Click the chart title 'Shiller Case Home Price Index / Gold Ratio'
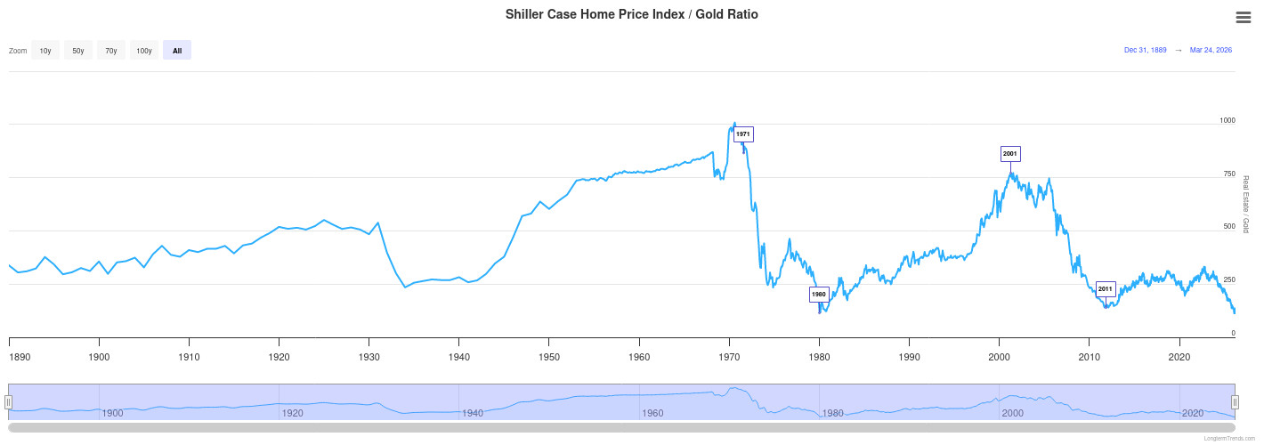click(x=631, y=14)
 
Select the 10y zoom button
click(x=45, y=51)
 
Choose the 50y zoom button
click(x=78, y=51)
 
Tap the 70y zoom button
click(x=111, y=51)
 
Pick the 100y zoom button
click(x=144, y=51)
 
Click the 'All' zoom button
click(x=177, y=51)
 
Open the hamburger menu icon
click(x=1244, y=18)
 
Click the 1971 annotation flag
click(x=744, y=133)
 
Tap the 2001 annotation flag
click(x=1009, y=154)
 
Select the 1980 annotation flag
click(x=819, y=294)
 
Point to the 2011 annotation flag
click(x=1106, y=289)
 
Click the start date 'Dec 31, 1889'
click(x=1146, y=51)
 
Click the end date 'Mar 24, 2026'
click(x=1211, y=51)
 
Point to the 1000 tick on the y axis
click(x=1228, y=120)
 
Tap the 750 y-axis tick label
click(x=1229, y=174)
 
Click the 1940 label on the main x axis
click(x=459, y=357)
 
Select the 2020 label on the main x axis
click(x=1180, y=357)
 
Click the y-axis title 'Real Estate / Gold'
click(x=1245, y=205)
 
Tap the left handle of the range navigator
click(x=9, y=402)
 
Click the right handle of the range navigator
click(x=1235, y=402)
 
